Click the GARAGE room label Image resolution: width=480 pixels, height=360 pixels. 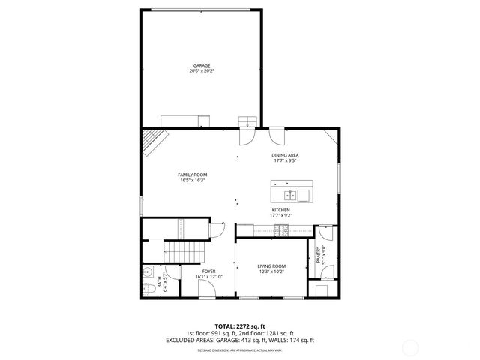pyautogui.click(x=201, y=66)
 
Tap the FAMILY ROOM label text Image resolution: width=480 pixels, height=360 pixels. pyautogui.click(x=192, y=175)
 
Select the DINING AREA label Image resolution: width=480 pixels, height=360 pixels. pyautogui.click(x=285, y=154)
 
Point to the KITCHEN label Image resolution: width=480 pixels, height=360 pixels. pyautogui.click(x=280, y=210)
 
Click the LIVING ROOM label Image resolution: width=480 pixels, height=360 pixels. pyautogui.click(x=271, y=265)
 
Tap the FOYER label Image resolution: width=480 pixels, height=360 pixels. pyautogui.click(x=208, y=271)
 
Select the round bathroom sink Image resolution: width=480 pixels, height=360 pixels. pyautogui.click(x=147, y=272)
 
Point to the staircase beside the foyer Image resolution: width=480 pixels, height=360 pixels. pyautogui.click(x=184, y=250)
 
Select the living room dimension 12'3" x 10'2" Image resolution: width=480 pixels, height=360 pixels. pyautogui.click(x=271, y=271)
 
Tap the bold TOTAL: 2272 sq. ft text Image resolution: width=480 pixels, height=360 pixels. pyautogui.click(x=239, y=327)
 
